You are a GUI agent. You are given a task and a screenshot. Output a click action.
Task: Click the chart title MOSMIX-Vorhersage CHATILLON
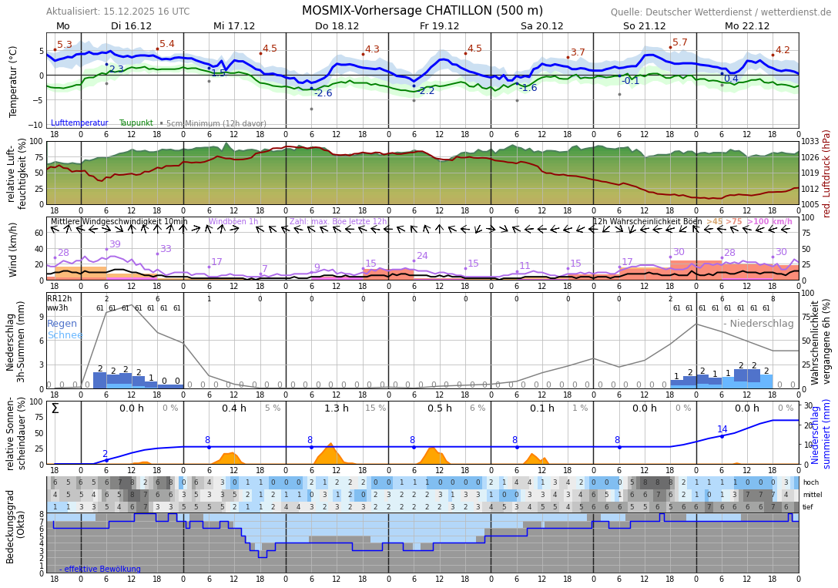pyautogui.click(x=422, y=11)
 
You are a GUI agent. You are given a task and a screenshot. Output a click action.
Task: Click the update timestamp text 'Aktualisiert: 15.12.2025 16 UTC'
pyautogui.click(x=118, y=12)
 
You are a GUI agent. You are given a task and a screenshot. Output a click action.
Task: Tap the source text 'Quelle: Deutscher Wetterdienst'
pyautogui.click(x=721, y=12)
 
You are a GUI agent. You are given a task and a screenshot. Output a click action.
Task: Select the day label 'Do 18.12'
pyautogui.click(x=337, y=26)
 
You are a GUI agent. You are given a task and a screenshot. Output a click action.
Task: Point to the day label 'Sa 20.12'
pyautogui.click(x=541, y=26)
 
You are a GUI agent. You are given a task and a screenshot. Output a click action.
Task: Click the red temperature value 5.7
pyautogui.click(x=679, y=42)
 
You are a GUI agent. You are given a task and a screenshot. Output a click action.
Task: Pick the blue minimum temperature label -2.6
pyautogui.click(x=323, y=93)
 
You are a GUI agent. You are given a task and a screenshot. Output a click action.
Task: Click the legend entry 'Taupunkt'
pyautogui.click(x=136, y=123)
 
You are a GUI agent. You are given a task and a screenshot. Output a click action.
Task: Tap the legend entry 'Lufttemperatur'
pyautogui.click(x=79, y=123)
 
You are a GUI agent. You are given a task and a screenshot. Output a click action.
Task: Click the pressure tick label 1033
pyautogui.click(x=810, y=142)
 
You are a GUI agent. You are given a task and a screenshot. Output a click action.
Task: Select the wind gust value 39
pyautogui.click(x=115, y=244)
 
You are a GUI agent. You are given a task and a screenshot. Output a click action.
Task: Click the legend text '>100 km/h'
pyautogui.click(x=769, y=222)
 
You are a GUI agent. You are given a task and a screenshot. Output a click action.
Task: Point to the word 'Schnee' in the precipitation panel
pyautogui.click(x=65, y=335)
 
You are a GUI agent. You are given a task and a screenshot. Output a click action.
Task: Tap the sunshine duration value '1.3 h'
pyautogui.click(x=337, y=408)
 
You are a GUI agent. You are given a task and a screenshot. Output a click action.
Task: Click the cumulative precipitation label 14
pyautogui.click(x=722, y=429)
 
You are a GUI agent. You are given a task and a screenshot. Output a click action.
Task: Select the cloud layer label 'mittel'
pyautogui.click(x=812, y=495)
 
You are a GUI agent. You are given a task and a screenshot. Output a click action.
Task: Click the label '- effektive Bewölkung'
pyautogui.click(x=100, y=570)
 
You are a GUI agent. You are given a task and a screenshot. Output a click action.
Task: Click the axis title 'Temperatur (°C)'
pyautogui.click(x=13, y=81)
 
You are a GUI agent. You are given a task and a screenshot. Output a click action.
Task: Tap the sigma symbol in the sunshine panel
pyautogui.click(x=55, y=408)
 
